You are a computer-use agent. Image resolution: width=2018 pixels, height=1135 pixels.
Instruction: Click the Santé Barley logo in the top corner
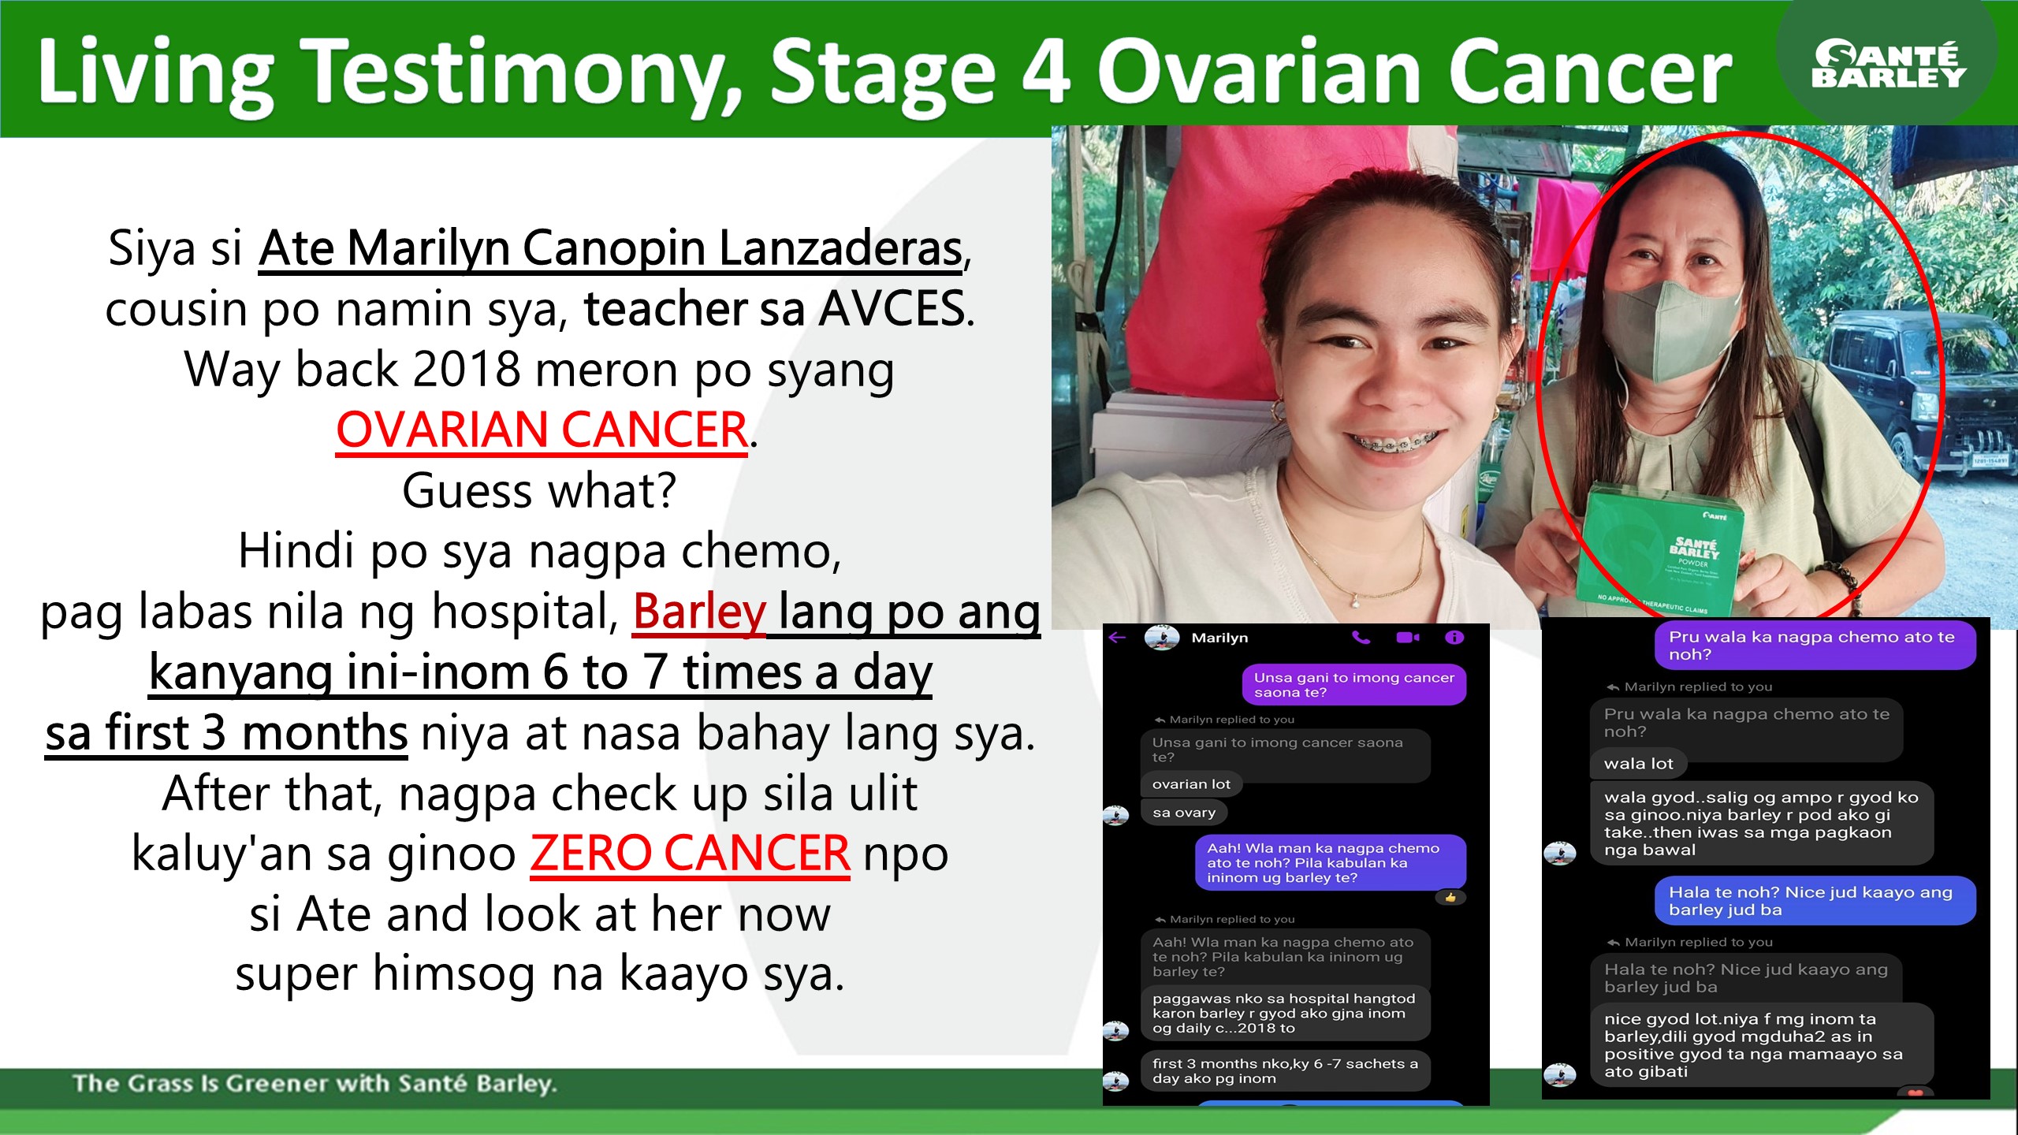(1889, 64)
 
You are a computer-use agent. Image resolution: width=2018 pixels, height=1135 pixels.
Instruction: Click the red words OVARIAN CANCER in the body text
(542, 430)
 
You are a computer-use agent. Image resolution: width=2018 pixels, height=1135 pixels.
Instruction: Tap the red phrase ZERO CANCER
(690, 854)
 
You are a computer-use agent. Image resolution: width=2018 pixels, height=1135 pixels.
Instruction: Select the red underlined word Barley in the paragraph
(699, 612)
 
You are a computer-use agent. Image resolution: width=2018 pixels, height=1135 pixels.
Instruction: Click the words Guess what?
(540, 491)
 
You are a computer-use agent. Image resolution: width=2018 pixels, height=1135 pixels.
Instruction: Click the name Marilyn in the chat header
(1219, 638)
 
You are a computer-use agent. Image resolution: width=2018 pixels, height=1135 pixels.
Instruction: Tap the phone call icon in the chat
(1361, 638)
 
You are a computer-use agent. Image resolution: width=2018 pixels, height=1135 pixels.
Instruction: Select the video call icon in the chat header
(1407, 638)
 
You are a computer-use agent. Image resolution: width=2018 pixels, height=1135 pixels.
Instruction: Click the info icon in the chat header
(1454, 638)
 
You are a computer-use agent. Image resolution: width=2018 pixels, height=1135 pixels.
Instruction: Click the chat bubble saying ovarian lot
(1191, 784)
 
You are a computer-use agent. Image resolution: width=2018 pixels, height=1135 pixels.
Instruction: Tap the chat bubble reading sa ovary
(1184, 813)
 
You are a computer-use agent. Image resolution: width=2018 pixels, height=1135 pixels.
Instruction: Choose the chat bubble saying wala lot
(1638, 763)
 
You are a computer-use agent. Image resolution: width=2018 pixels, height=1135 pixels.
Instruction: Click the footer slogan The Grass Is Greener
(315, 1084)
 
